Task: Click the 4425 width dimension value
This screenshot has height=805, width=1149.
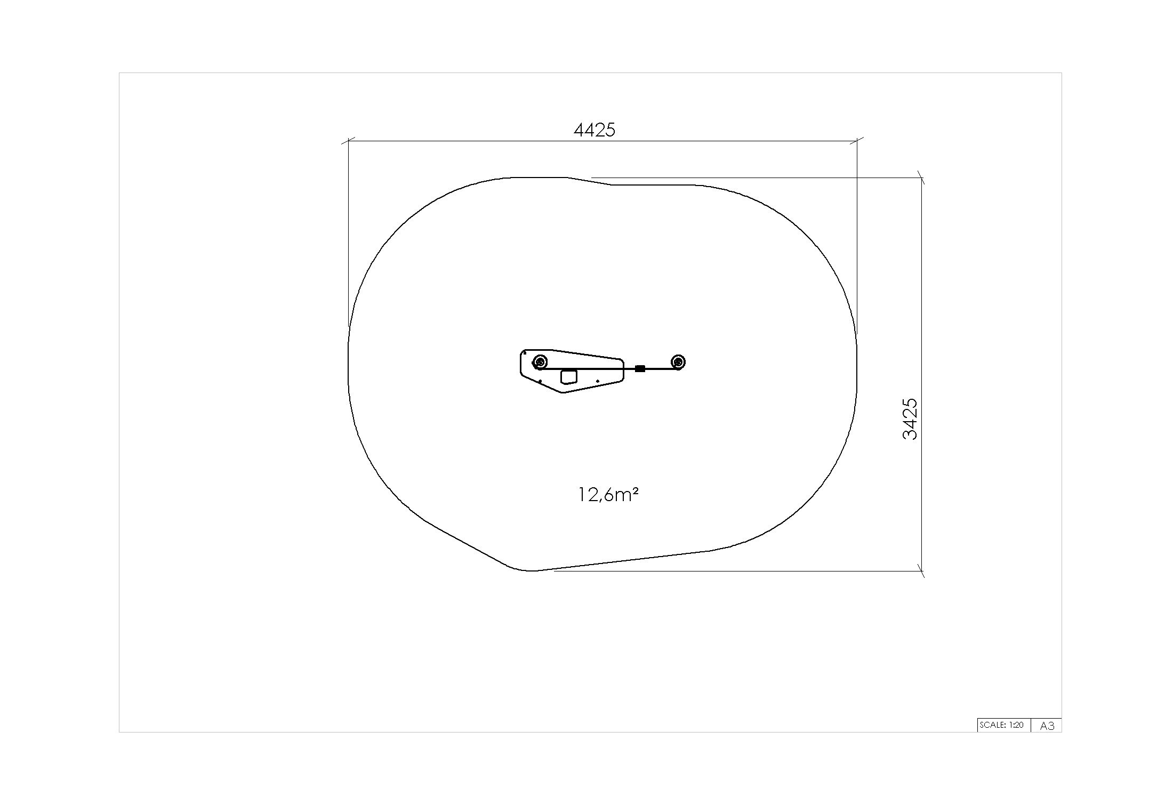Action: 594,130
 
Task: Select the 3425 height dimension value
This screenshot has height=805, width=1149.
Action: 910,419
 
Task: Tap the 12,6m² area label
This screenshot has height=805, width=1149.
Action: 608,495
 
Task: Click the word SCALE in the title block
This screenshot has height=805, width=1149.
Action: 992,725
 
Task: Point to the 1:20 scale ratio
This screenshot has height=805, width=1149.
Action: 1016,725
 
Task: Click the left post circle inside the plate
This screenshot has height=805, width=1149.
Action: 540,363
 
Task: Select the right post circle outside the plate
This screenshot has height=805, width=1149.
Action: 678,362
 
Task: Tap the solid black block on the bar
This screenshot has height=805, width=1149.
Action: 640,368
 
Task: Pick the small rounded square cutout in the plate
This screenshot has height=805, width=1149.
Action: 569,376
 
